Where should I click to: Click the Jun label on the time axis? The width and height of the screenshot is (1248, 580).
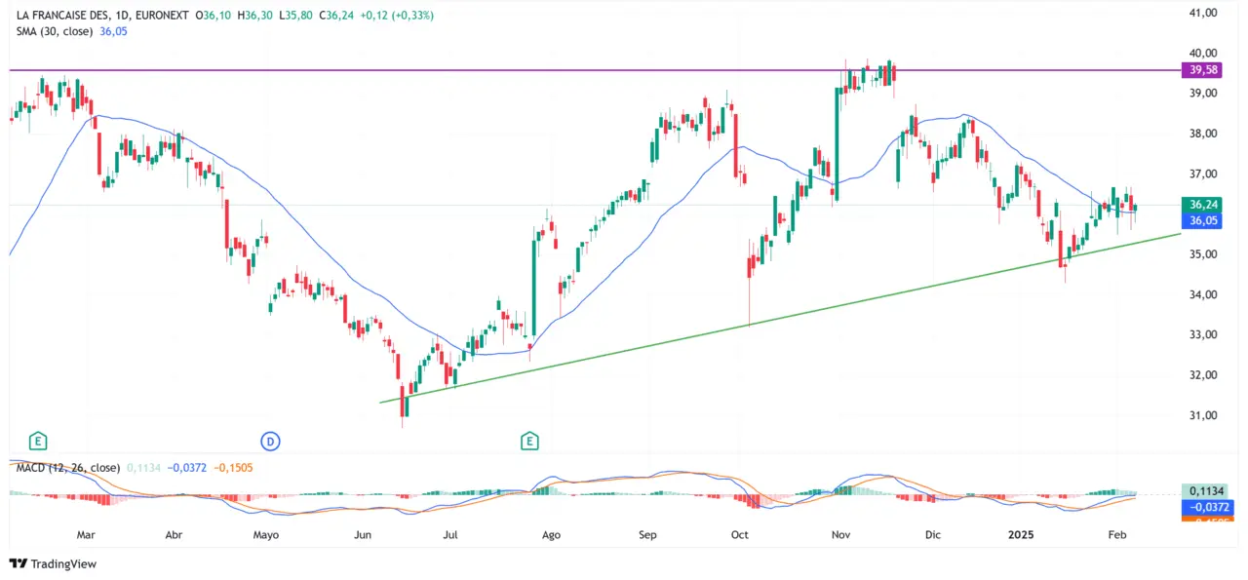364,535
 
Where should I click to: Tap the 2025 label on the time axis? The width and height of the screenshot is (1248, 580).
1022,535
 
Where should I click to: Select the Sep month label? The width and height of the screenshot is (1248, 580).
647,535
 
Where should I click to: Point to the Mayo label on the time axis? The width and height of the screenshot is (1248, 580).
266,535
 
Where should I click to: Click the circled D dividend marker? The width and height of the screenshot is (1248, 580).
271,442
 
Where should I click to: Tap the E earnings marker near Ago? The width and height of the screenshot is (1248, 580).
530,442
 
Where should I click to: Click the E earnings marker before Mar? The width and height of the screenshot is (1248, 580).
38,442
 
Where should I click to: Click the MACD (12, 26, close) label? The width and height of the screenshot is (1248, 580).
67,468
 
